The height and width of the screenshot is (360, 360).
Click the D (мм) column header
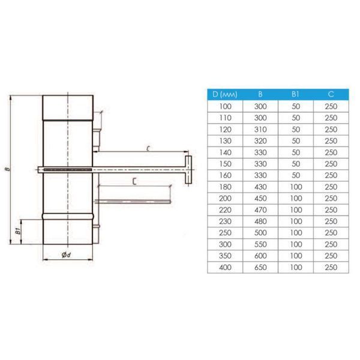coord(225,94)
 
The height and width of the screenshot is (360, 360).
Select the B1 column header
coord(295,94)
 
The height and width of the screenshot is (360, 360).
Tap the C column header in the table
coord(331,94)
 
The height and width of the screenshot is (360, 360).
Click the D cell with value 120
coord(225,130)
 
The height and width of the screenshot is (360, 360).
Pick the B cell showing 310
coord(260,130)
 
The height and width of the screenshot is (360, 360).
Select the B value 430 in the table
coord(260,187)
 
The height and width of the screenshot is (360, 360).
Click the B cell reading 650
coord(260,267)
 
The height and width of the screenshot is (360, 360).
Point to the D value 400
coord(225,267)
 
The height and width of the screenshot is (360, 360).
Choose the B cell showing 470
coord(260,210)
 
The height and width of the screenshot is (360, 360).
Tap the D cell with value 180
coord(225,187)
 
